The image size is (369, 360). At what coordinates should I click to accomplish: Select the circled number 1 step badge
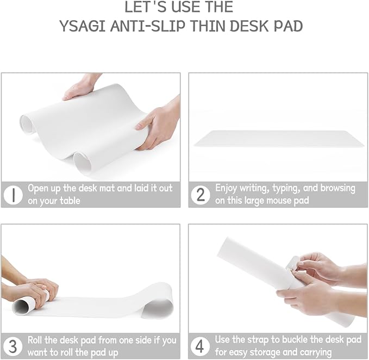[x=12, y=194]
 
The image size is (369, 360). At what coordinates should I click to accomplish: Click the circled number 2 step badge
[x=200, y=194]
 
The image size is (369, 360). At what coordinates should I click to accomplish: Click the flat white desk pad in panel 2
[x=279, y=138]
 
